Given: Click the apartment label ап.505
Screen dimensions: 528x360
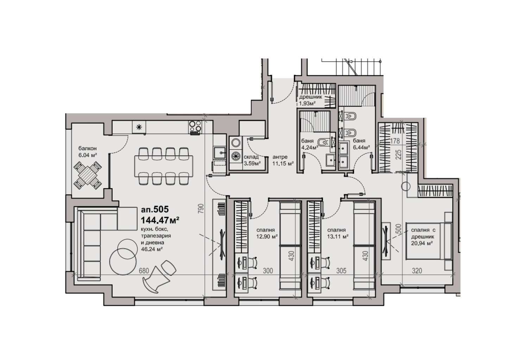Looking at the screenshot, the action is pos(155,209).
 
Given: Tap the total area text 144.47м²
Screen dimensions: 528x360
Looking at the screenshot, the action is pos(160,220).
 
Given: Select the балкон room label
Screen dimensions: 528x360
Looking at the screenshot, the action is pos(88,149).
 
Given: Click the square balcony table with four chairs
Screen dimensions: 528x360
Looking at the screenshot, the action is pos(87,175).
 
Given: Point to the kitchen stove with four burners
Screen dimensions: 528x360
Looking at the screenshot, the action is pos(195,127).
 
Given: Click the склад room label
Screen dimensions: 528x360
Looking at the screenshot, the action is pos(251,157).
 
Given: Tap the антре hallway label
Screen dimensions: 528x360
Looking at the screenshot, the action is pos(280,157).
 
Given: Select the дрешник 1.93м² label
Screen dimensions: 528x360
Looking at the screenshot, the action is pos(310,100).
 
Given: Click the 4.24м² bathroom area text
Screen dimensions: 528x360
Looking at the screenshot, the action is pos(310,148).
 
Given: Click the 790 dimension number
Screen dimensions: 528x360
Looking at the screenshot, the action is pos(201,209).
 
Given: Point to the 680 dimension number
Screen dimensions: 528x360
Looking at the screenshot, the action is pos(144,271).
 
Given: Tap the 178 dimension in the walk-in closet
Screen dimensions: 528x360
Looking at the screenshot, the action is pos(395,141).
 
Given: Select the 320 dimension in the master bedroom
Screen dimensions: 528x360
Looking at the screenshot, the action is pos(417,271).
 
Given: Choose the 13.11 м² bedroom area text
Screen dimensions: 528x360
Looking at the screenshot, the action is pos(338,236).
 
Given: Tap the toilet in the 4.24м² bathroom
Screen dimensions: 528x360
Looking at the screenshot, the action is pos(322,142).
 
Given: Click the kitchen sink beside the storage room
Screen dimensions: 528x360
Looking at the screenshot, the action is pos(219,152).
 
